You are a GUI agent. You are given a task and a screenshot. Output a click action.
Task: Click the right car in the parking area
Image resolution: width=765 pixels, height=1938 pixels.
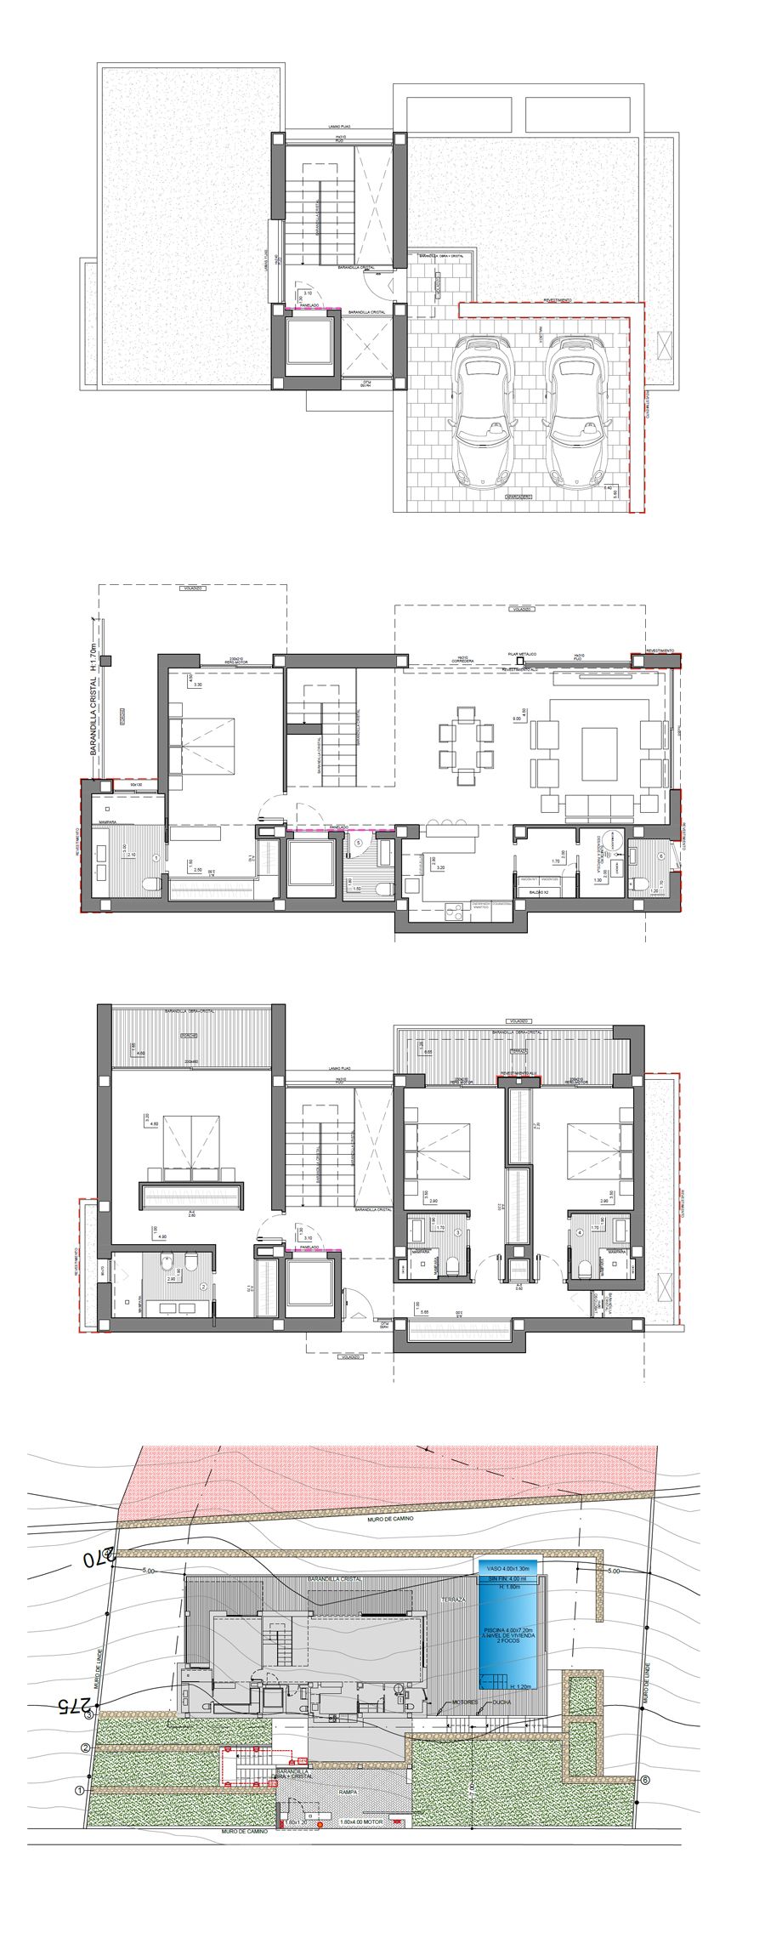[575, 412]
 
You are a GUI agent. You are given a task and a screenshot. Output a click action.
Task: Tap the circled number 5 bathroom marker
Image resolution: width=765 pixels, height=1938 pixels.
[359, 843]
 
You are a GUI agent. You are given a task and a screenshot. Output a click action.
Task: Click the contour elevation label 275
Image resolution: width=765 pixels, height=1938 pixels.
[74, 1705]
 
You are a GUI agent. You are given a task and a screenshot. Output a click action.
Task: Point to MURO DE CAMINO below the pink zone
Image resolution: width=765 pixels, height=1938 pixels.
[391, 1519]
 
